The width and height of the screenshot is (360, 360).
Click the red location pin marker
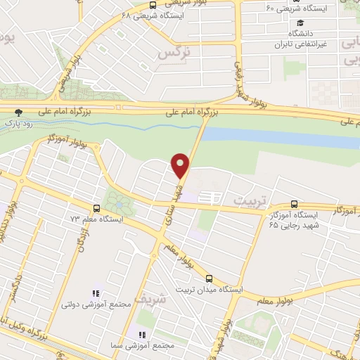pyautogui.click(x=181, y=166)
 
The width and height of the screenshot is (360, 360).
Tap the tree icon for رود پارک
pyautogui.click(x=18, y=111)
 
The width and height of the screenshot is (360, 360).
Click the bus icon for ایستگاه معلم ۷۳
pyautogui.click(x=96, y=208)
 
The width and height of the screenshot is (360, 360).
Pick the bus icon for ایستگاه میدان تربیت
pyautogui.click(x=208, y=278)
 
